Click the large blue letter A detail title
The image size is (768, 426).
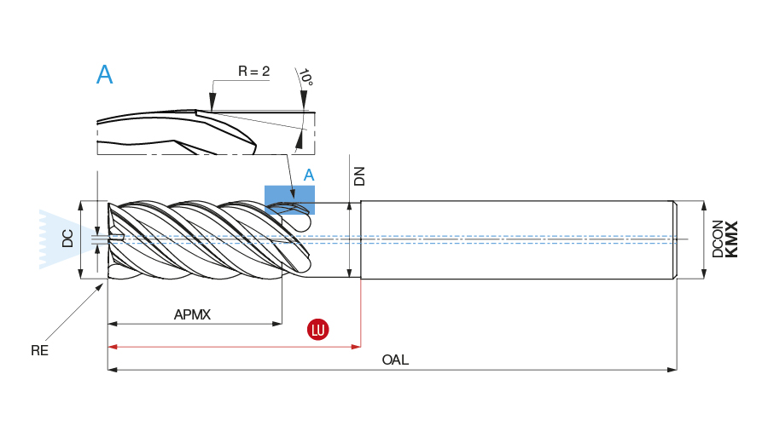click(x=105, y=75)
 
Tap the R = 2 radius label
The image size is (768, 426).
click(x=253, y=72)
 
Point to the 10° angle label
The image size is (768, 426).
click(x=305, y=78)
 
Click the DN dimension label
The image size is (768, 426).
click(x=359, y=176)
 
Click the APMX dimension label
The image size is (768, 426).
click(x=192, y=314)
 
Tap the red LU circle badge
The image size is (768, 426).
click(x=318, y=330)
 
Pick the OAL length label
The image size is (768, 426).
click(x=395, y=360)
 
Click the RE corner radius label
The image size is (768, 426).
click(x=39, y=349)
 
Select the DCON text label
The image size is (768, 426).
click(x=718, y=239)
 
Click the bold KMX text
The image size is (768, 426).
click(x=731, y=239)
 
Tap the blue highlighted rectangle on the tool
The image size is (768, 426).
click(x=289, y=199)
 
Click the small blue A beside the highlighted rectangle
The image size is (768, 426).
click(x=310, y=175)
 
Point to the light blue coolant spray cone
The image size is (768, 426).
click(x=60, y=239)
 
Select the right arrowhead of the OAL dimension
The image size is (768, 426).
click(x=672, y=370)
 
